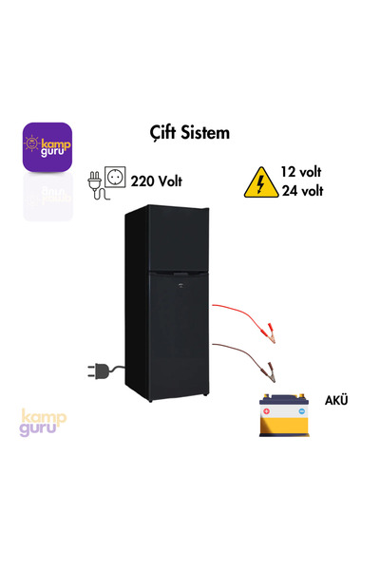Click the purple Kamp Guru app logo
pos(47,146)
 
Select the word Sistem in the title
pos(209,132)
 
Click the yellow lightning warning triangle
pos(257,182)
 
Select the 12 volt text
pos(303,172)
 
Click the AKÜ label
pos(336,400)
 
